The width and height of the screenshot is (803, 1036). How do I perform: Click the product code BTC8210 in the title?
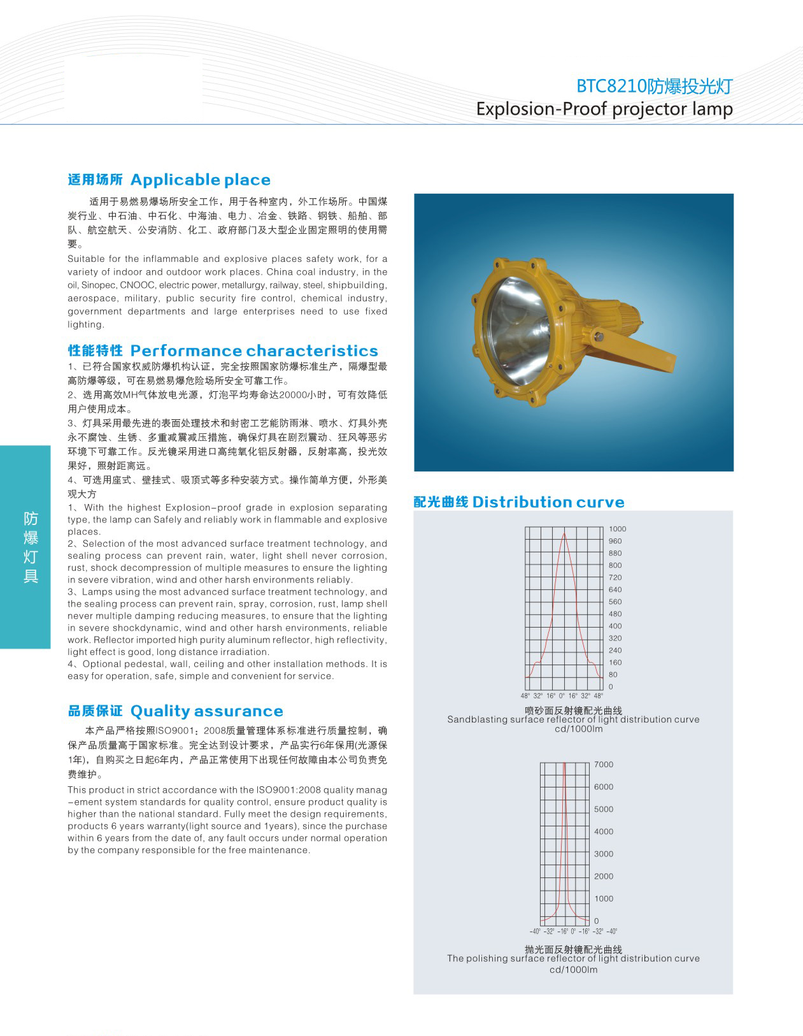coord(611,86)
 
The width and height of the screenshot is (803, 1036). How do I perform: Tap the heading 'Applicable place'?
coord(200,180)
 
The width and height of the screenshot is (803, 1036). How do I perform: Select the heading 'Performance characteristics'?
coord(253,350)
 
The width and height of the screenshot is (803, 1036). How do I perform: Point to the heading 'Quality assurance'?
coord(206,711)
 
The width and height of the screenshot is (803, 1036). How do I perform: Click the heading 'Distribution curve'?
coord(548,502)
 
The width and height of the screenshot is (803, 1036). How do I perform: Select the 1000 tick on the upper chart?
coord(617,529)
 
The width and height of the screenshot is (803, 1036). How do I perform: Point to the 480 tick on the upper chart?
coord(615,614)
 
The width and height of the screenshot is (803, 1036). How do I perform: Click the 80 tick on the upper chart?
coord(613,675)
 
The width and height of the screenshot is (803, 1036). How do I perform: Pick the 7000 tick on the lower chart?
coord(604,765)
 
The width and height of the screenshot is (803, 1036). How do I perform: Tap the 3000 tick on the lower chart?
coord(604,854)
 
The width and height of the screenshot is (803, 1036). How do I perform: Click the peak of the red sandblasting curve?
coord(564,533)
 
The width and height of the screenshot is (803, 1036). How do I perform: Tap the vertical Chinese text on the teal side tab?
coord(31,547)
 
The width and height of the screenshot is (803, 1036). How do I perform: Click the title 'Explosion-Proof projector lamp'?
coord(604,109)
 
